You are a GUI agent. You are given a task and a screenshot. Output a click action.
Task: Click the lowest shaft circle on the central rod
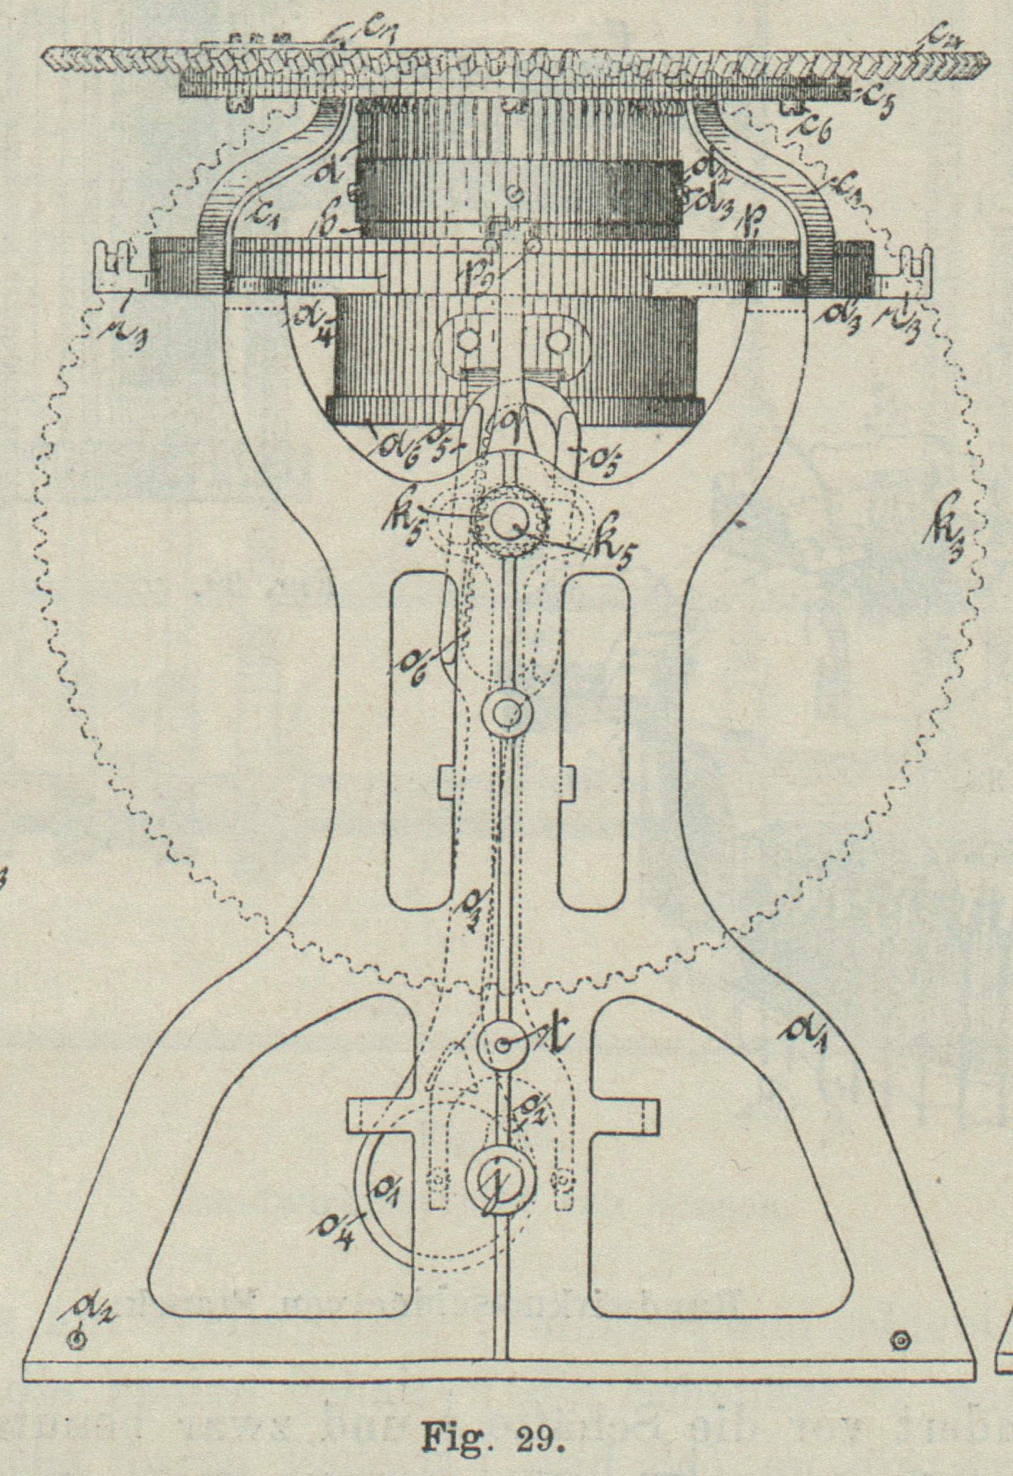pyautogui.click(x=499, y=1178)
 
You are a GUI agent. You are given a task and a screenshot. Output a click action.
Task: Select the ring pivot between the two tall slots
pyautogui.click(x=506, y=710)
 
